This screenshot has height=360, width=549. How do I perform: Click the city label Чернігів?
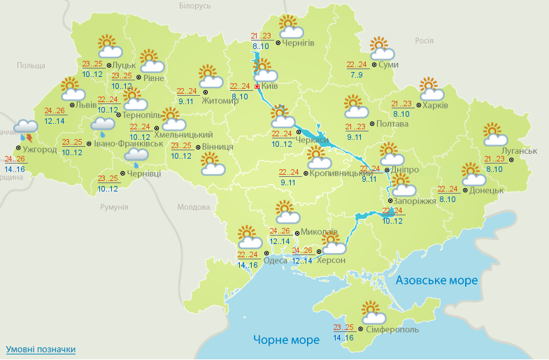click(299, 43)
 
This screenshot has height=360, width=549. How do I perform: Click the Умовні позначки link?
click(41, 349)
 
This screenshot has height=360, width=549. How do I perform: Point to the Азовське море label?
click(436, 280)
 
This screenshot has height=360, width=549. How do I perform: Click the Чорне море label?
click(286, 340)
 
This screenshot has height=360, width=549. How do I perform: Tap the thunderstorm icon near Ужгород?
click(27, 131)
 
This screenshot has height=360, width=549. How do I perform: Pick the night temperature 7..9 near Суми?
click(355, 75)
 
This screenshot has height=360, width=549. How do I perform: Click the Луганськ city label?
click(520, 151)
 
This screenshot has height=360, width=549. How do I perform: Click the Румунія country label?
click(114, 207)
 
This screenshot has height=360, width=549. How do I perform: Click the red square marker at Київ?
click(257, 87)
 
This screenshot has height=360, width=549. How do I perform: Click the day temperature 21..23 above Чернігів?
click(260, 36)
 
